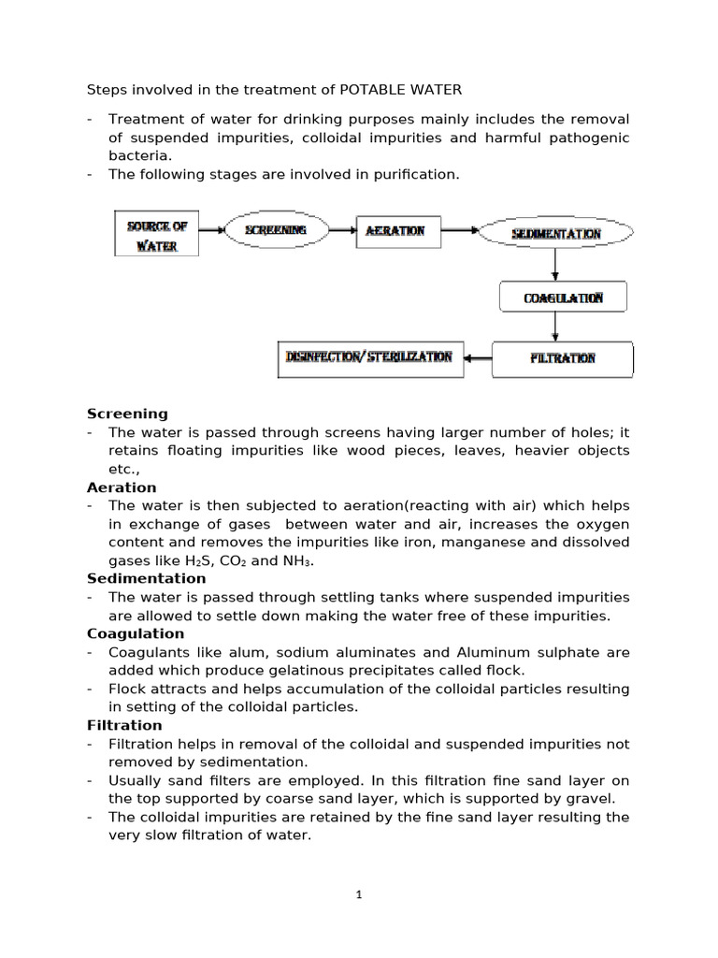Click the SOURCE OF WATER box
(x=156, y=233)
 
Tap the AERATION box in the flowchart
(x=395, y=230)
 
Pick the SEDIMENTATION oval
(x=555, y=233)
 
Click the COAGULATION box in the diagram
(x=563, y=298)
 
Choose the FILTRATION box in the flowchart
(x=563, y=358)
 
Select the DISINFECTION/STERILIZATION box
(x=370, y=357)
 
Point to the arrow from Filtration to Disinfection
(x=478, y=357)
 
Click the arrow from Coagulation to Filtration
(x=556, y=327)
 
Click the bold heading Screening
(x=127, y=414)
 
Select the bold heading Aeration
(x=122, y=487)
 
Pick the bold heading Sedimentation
(x=146, y=579)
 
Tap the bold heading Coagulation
(x=135, y=633)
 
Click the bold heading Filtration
(x=124, y=725)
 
